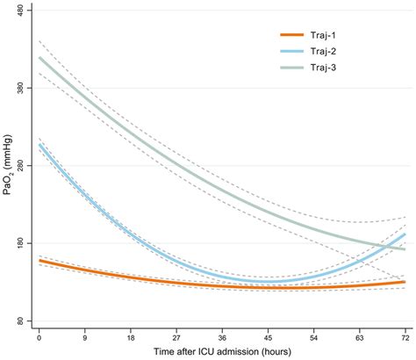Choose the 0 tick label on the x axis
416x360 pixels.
pyautogui.click(x=39, y=336)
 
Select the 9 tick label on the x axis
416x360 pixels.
pyautogui.click(x=84, y=336)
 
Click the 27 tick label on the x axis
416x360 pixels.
pyautogui.click(x=176, y=336)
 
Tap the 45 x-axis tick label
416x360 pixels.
pyautogui.click(x=268, y=336)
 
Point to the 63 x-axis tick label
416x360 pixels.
pyautogui.click(x=360, y=336)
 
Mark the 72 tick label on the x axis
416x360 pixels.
pyautogui.click(x=405, y=336)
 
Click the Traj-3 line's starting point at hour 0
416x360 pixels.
pyautogui.click(x=39, y=58)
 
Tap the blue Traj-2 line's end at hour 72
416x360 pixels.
pyautogui.click(x=405, y=234)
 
